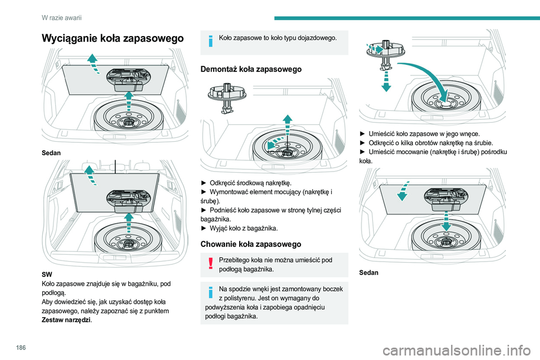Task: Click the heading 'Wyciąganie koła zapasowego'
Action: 113,38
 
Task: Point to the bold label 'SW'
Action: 47,274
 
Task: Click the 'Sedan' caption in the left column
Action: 50,152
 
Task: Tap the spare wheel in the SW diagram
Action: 128,244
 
